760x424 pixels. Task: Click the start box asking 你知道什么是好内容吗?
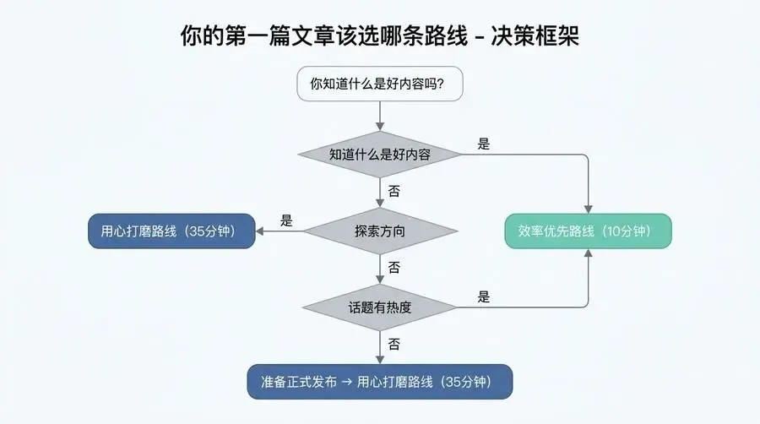click(x=379, y=84)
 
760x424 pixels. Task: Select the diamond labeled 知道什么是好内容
click(x=379, y=155)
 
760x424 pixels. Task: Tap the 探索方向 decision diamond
click(x=379, y=231)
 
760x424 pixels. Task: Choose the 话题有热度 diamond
click(x=379, y=307)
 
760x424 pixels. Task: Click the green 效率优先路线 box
click(x=588, y=231)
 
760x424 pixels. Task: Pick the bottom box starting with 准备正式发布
click(x=379, y=382)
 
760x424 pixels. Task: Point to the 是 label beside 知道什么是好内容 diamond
click(x=484, y=144)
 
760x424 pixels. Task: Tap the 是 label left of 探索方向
click(x=286, y=221)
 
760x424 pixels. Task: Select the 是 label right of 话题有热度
click(x=484, y=297)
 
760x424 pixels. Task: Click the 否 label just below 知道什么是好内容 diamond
click(x=394, y=191)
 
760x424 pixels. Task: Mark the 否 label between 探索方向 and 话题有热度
click(x=394, y=268)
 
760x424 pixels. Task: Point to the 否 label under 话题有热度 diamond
click(x=394, y=345)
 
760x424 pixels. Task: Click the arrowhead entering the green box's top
click(x=588, y=209)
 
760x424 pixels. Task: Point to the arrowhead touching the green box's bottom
click(x=588, y=253)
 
